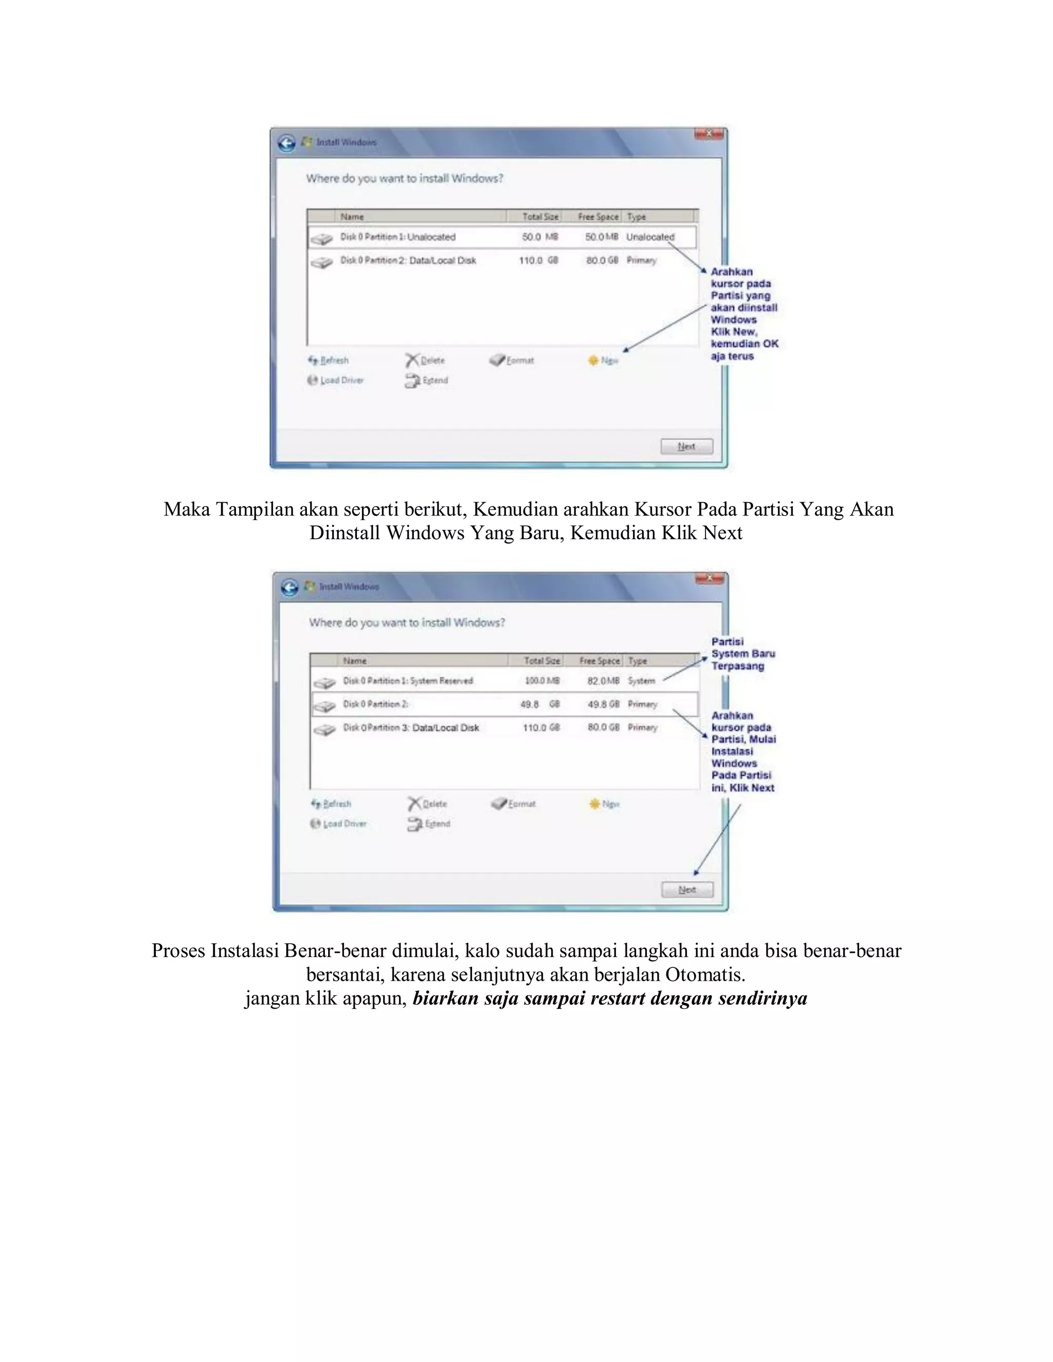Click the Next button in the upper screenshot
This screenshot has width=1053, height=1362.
686,447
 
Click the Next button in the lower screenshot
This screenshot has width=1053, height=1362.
687,890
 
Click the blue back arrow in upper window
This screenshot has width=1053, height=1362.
286,143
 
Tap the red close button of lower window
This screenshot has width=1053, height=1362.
709,578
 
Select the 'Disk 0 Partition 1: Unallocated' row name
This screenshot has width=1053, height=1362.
397,237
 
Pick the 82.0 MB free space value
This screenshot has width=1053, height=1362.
603,681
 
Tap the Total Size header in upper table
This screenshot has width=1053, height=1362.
540,216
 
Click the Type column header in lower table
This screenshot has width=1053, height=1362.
637,660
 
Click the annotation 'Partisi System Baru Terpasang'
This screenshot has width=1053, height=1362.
742,654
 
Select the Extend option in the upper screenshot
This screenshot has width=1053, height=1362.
427,380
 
